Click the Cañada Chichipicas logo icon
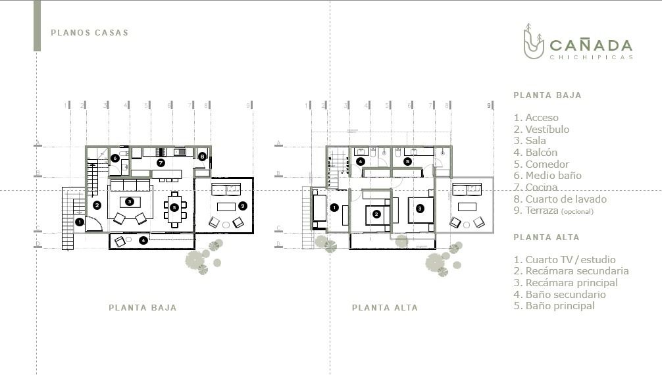[x=534, y=41]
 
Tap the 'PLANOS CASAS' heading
[x=89, y=33]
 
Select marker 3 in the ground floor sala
[x=130, y=202]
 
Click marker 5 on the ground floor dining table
[x=174, y=208]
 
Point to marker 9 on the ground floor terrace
[x=242, y=206]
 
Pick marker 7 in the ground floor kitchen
[x=161, y=162]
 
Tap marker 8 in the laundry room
[x=202, y=157]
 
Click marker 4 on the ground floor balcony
[x=143, y=240]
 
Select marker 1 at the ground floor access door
[x=80, y=222]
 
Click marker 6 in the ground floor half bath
[x=115, y=159]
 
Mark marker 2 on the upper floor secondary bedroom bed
[x=376, y=214]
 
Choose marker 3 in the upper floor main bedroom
[x=420, y=208]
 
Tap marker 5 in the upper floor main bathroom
[x=407, y=161]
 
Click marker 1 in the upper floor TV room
[x=334, y=207]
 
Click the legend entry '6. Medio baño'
[x=547, y=176]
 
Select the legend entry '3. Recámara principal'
[x=566, y=283]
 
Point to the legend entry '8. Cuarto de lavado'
[x=560, y=199]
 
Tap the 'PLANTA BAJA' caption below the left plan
[x=143, y=308]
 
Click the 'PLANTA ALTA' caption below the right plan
[x=385, y=308]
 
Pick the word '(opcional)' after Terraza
[x=577, y=212]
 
